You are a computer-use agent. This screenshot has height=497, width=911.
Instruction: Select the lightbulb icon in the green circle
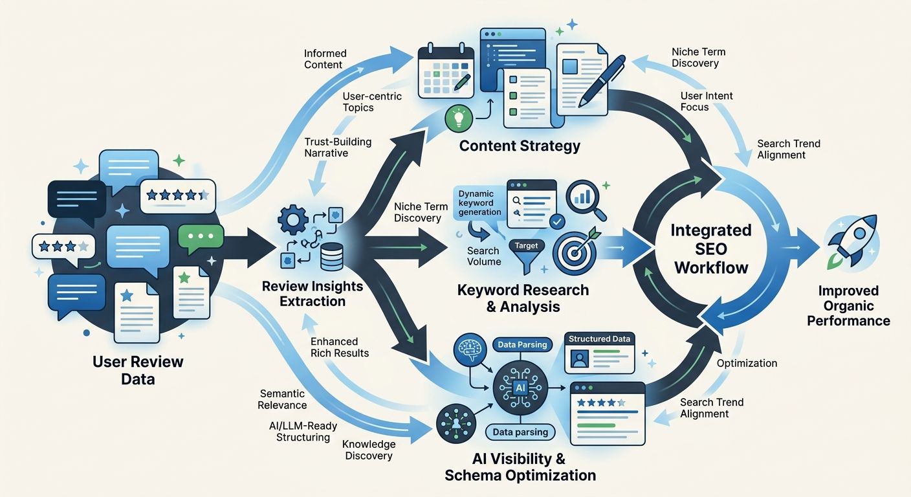[459, 118]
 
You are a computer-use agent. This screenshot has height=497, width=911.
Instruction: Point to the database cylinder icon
[331, 257]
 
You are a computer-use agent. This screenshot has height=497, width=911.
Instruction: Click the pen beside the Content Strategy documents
[602, 80]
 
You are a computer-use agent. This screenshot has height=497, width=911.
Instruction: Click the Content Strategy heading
[520, 146]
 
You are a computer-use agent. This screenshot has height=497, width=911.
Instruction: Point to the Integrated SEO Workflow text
[710, 249]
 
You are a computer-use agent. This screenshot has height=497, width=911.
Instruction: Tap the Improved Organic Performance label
[848, 305]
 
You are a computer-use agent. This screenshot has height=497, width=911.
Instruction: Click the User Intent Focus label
[707, 101]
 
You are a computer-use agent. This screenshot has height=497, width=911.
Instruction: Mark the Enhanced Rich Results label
[340, 347]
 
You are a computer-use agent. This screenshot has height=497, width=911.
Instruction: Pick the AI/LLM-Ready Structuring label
[299, 431]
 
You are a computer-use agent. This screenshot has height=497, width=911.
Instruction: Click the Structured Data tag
[599, 339]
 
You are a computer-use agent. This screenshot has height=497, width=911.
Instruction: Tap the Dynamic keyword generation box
[479, 203]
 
